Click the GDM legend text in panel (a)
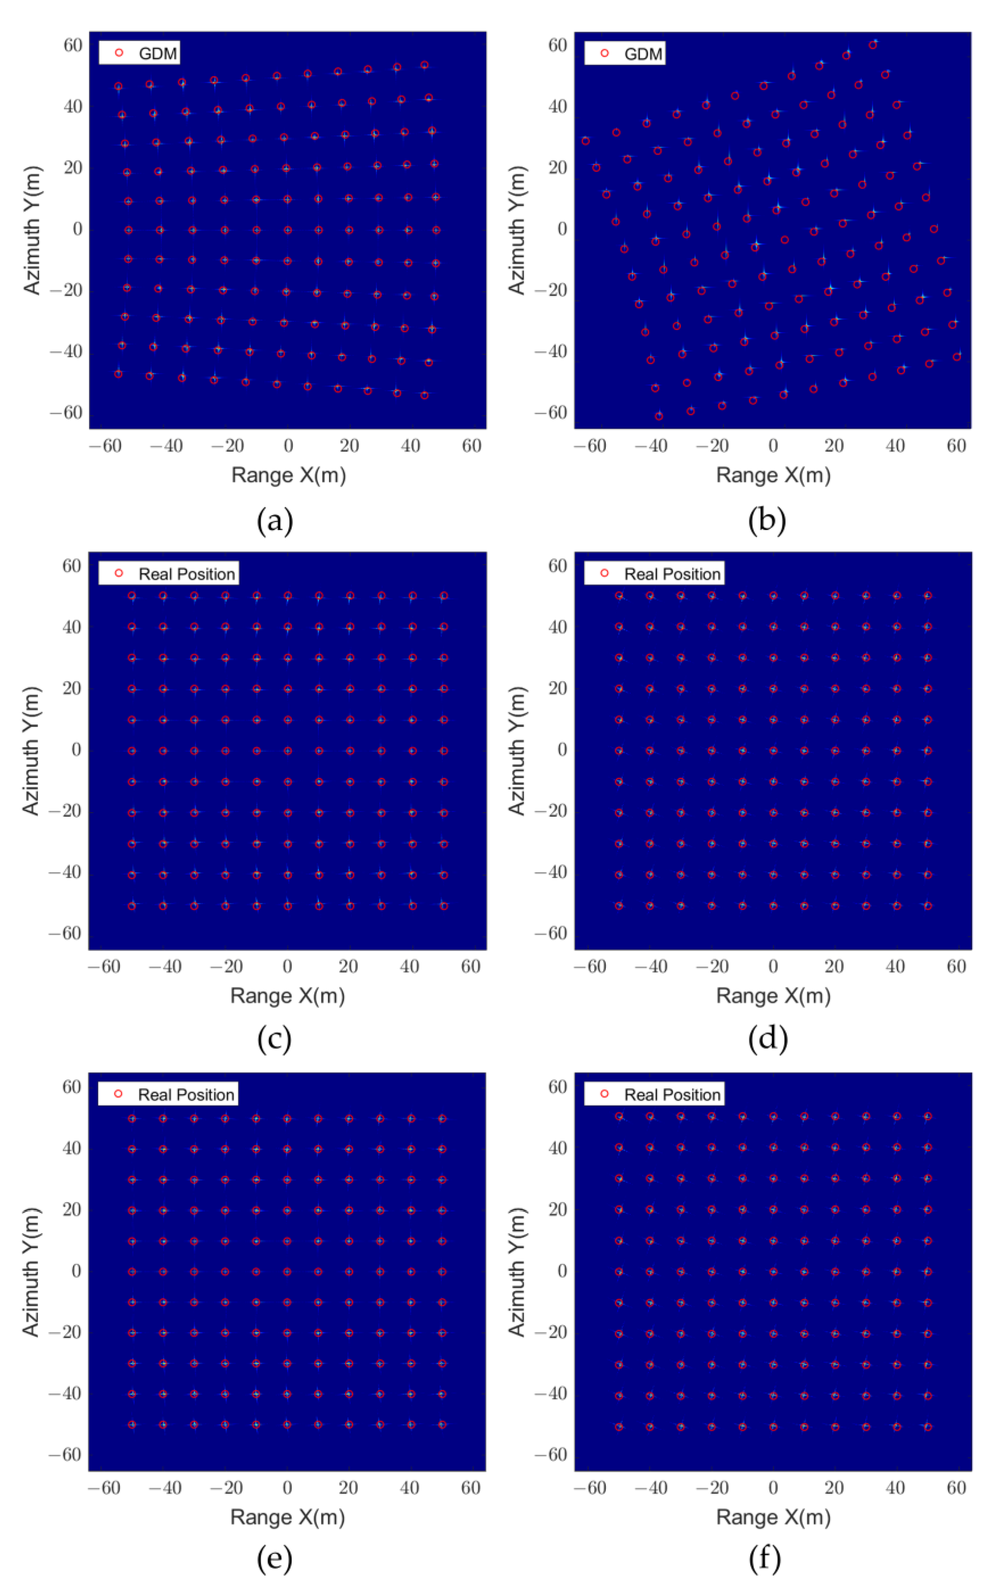(158, 54)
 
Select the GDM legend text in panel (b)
(642, 54)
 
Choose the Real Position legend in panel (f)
(672, 1094)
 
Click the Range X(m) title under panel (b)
(773, 475)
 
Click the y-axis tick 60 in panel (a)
(73, 45)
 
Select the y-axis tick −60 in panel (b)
(551, 413)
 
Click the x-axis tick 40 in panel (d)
(896, 966)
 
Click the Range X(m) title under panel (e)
(287, 1516)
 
